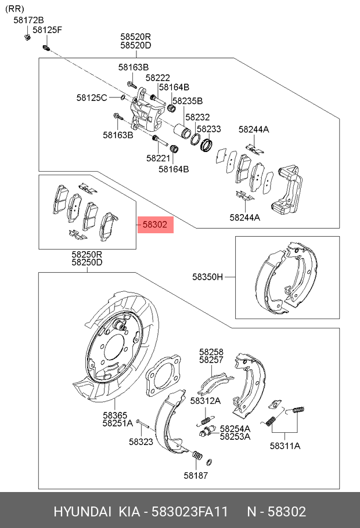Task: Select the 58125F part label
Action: pyautogui.click(x=47, y=30)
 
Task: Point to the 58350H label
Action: pyautogui.click(x=207, y=277)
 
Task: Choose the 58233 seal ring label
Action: pyautogui.click(x=208, y=129)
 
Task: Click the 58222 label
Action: pyautogui.click(x=157, y=78)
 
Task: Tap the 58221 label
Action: pyautogui.click(x=158, y=158)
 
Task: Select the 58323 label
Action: pyautogui.click(x=141, y=442)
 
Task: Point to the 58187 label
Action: pyautogui.click(x=196, y=475)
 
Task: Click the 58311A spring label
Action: pyautogui.click(x=285, y=446)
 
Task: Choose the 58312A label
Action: pyautogui.click(x=206, y=400)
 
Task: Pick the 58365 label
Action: pyautogui.click(x=115, y=415)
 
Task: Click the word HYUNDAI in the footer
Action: pyautogui.click(x=82, y=512)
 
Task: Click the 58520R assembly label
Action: pyautogui.click(x=135, y=36)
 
